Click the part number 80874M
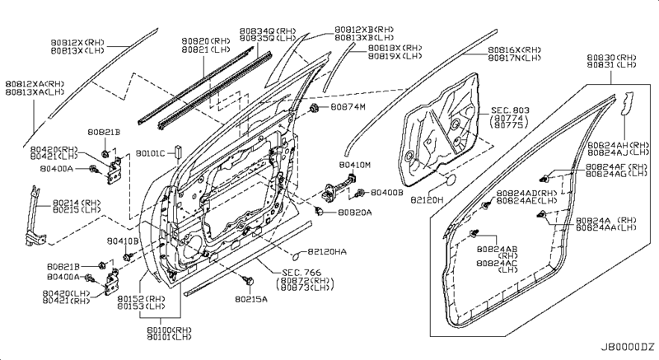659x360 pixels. coord(349,108)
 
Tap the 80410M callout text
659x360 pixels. coord(355,165)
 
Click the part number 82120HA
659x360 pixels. coord(329,250)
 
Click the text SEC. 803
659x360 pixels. coord(508,110)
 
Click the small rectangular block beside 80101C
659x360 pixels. coord(176,152)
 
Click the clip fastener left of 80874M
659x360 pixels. coord(315,108)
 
